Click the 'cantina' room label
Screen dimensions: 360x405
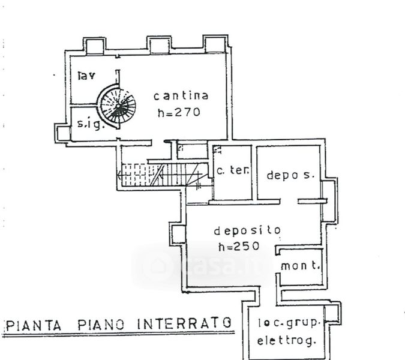pyautogui.click(x=181, y=96)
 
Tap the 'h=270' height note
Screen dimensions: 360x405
pyautogui.click(x=178, y=112)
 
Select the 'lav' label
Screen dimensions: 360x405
pyautogui.click(x=87, y=76)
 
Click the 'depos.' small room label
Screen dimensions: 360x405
pyautogui.click(x=290, y=175)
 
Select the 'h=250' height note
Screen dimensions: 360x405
pyautogui.click(x=238, y=246)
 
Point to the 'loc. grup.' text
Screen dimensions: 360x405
pyautogui.click(x=290, y=322)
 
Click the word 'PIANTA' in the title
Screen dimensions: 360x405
pyautogui.click(x=34, y=325)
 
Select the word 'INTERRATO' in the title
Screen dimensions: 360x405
pyautogui.click(x=184, y=324)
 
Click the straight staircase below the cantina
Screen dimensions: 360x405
pyautogui.click(x=161, y=175)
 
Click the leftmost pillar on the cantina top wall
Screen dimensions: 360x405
pyautogui.click(x=94, y=47)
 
